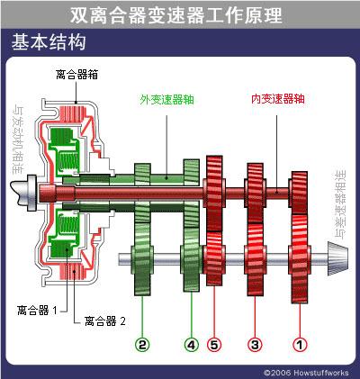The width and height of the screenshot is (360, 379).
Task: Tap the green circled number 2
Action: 142,343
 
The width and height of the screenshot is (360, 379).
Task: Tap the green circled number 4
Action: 191,343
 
